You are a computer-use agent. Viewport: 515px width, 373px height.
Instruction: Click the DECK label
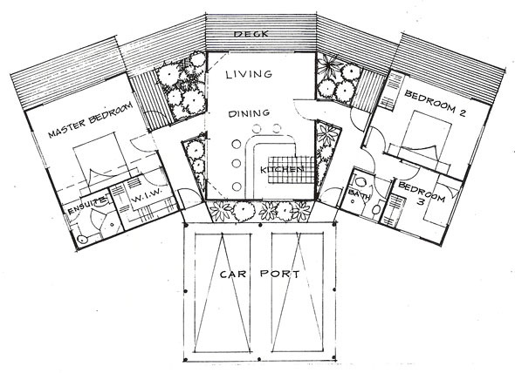(251, 34)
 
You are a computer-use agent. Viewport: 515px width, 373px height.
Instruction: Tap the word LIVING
(249, 74)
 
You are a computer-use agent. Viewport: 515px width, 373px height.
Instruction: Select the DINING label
(249, 113)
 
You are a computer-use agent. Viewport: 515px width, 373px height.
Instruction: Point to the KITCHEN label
(282, 170)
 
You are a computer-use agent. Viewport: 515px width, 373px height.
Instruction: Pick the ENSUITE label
(87, 206)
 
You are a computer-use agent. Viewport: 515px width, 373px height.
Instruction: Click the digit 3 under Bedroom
(421, 201)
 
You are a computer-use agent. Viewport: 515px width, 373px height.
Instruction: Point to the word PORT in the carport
(280, 274)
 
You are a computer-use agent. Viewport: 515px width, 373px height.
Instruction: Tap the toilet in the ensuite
(82, 239)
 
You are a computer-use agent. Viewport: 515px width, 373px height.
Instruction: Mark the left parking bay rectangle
(223, 292)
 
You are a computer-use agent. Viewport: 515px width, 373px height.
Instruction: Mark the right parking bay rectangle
(298, 292)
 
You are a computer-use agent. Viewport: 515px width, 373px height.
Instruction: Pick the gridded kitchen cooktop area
(292, 170)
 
